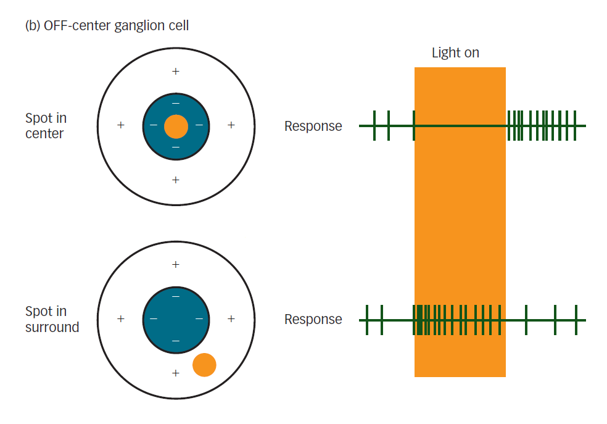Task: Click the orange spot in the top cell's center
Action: [x=176, y=127]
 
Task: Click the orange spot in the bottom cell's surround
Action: [x=204, y=365]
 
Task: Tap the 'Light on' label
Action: [x=455, y=53]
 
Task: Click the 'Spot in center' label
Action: [x=46, y=125]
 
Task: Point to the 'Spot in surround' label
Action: [x=52, y=319]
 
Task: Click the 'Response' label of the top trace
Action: [x=313, y=127]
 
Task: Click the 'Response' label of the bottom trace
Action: [x=313, y=320]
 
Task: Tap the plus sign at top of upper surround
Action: [x=176, y=72]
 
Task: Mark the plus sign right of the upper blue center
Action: [x=231, y=125]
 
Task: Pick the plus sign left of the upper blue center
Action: [x=121, y=125]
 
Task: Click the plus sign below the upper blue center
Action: [x=176, y=180]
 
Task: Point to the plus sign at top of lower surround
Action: [x=176, y=265]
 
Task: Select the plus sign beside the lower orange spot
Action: [x=176, y=373]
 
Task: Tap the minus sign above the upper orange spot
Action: [x=176, y=102]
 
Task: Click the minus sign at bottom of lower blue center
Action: [x=176, y=341]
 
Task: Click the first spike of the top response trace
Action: [x=374, y=126]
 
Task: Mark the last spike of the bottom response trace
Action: [x=576, y=320]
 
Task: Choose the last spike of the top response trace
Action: [x=575, y=126]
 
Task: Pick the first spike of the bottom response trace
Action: [x=367, y=320]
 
